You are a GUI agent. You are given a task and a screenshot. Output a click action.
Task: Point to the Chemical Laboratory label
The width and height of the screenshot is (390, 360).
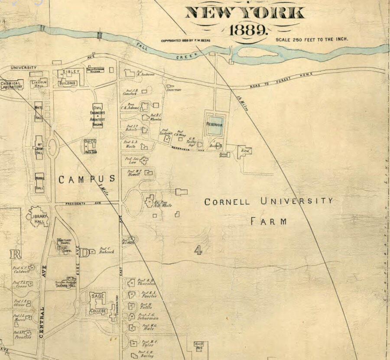(x=11, y=84)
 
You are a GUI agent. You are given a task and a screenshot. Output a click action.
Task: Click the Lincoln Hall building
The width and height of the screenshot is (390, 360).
(x=39, y=83)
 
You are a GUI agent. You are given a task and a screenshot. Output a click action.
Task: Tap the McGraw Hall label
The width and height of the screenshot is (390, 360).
(x=39, y=149)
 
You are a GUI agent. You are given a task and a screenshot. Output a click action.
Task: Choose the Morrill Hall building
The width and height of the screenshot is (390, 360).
(x=39, y=182)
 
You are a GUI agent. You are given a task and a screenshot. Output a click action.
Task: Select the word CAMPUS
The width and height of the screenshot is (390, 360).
(x=87, y=179)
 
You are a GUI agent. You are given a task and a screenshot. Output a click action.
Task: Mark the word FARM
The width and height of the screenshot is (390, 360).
(x=269, y=221)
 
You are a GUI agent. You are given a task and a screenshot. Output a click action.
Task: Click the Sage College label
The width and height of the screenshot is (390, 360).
(x=98, y=304)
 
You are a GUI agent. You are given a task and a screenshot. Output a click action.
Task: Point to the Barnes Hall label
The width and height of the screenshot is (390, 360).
(x=65, y=285)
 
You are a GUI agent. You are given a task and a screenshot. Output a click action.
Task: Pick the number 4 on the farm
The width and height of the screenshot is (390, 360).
(x=198, y=250)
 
